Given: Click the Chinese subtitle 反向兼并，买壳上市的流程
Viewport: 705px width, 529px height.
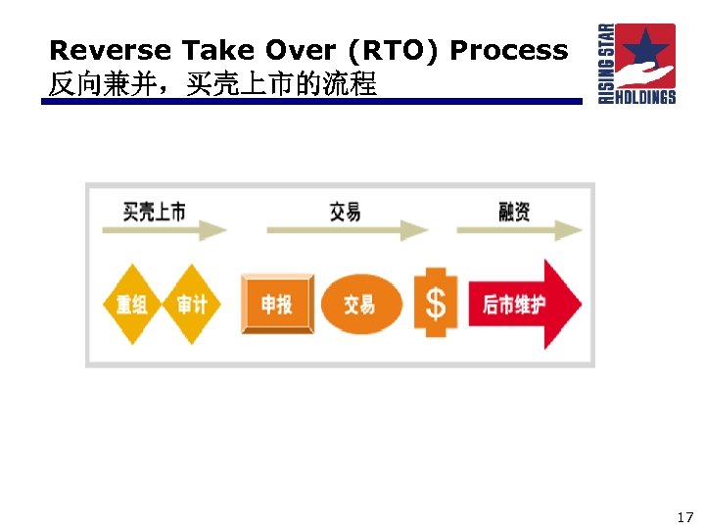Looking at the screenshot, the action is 212,84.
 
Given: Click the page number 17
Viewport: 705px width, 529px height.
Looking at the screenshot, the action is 683,516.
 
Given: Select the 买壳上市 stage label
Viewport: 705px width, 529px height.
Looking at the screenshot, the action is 154,211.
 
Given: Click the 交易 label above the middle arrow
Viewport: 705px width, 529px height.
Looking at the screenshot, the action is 345,211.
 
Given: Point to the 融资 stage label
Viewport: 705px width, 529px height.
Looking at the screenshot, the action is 514,211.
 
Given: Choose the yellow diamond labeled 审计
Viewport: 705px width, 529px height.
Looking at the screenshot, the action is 192,304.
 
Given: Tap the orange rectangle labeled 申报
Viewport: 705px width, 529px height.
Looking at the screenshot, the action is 277,304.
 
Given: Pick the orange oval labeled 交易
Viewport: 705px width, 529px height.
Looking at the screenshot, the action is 359,304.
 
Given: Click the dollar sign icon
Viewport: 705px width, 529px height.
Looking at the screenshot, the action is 435,304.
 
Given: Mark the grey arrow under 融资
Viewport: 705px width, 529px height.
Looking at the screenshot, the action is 519,231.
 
